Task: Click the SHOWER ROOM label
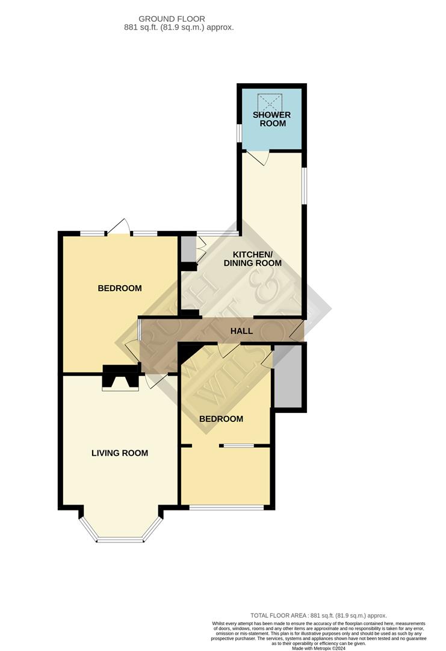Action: tap(271, 119)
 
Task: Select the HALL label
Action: tap(241, 331)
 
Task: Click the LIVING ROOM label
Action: tap(120, 453)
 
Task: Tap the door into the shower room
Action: tap(258, 158)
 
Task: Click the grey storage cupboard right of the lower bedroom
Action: tap(288, 379)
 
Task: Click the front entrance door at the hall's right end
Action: tap(296, 329)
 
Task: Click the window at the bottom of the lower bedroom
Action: tap(226, 508)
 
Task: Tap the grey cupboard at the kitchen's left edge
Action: tap(188, 248)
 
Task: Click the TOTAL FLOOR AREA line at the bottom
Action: tap(319, 615)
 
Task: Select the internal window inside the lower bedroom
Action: tap(236, 445)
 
